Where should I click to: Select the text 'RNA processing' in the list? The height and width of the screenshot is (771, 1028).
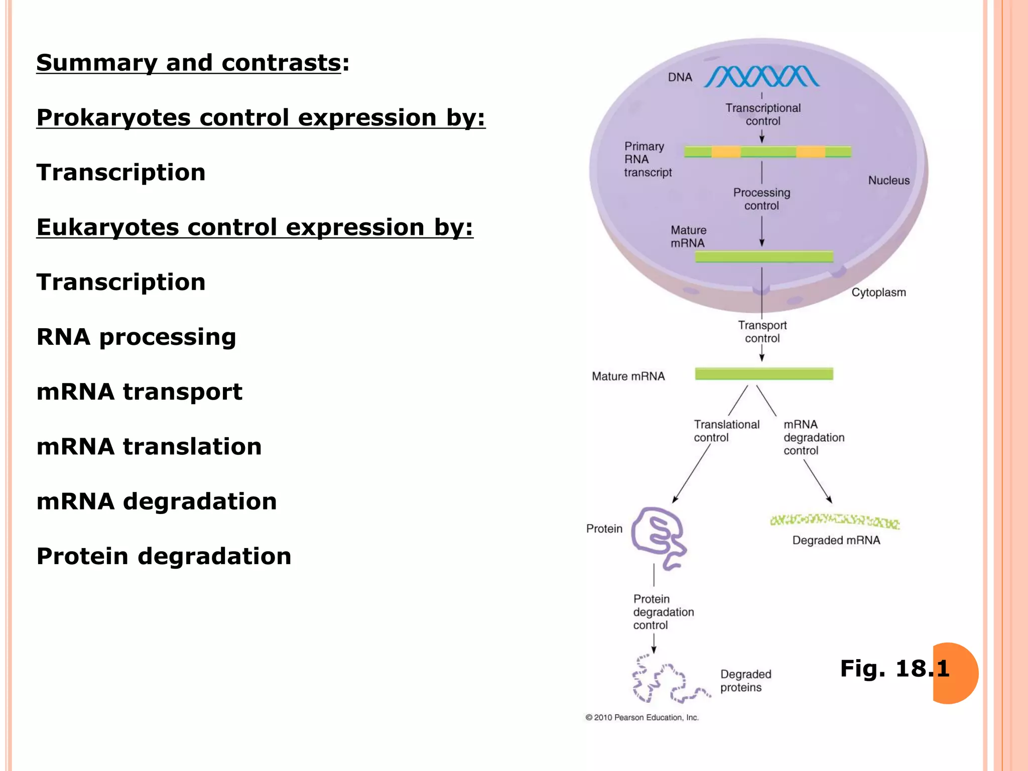tap(136, 337)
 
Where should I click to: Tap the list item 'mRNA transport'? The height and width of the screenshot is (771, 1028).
tap(139, 392)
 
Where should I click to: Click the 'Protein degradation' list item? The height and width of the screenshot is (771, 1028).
tap(164, 556)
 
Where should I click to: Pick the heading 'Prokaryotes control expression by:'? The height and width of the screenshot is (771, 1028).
tap(261, 118)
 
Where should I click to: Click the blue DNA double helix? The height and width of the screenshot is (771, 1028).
tap(761, 77)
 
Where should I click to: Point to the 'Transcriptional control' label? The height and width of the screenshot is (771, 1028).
tap(762, 114)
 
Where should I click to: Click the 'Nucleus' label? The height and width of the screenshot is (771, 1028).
tap(888, 180)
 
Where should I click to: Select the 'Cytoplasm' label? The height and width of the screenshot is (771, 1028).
tap(878, 292)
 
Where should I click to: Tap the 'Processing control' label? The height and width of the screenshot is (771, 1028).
tap(761, 199)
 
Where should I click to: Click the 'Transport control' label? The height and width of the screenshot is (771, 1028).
tap(762, 331)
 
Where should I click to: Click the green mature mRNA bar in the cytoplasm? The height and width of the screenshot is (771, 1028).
tap(763, 373)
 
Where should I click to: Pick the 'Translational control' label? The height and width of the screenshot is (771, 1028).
tap(726, 431)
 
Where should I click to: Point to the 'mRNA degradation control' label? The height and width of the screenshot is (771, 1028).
tap(813, 437)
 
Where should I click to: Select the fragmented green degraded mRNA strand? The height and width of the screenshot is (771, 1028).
tap(834, 521)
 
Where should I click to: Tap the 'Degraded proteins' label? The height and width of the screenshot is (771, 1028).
tap(745, 681)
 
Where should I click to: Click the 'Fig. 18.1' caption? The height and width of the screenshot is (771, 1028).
tap(894, 669)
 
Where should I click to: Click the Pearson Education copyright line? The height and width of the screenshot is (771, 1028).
tap(642, 717)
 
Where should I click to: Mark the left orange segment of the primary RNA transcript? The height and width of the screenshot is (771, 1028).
tap(726, 152)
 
